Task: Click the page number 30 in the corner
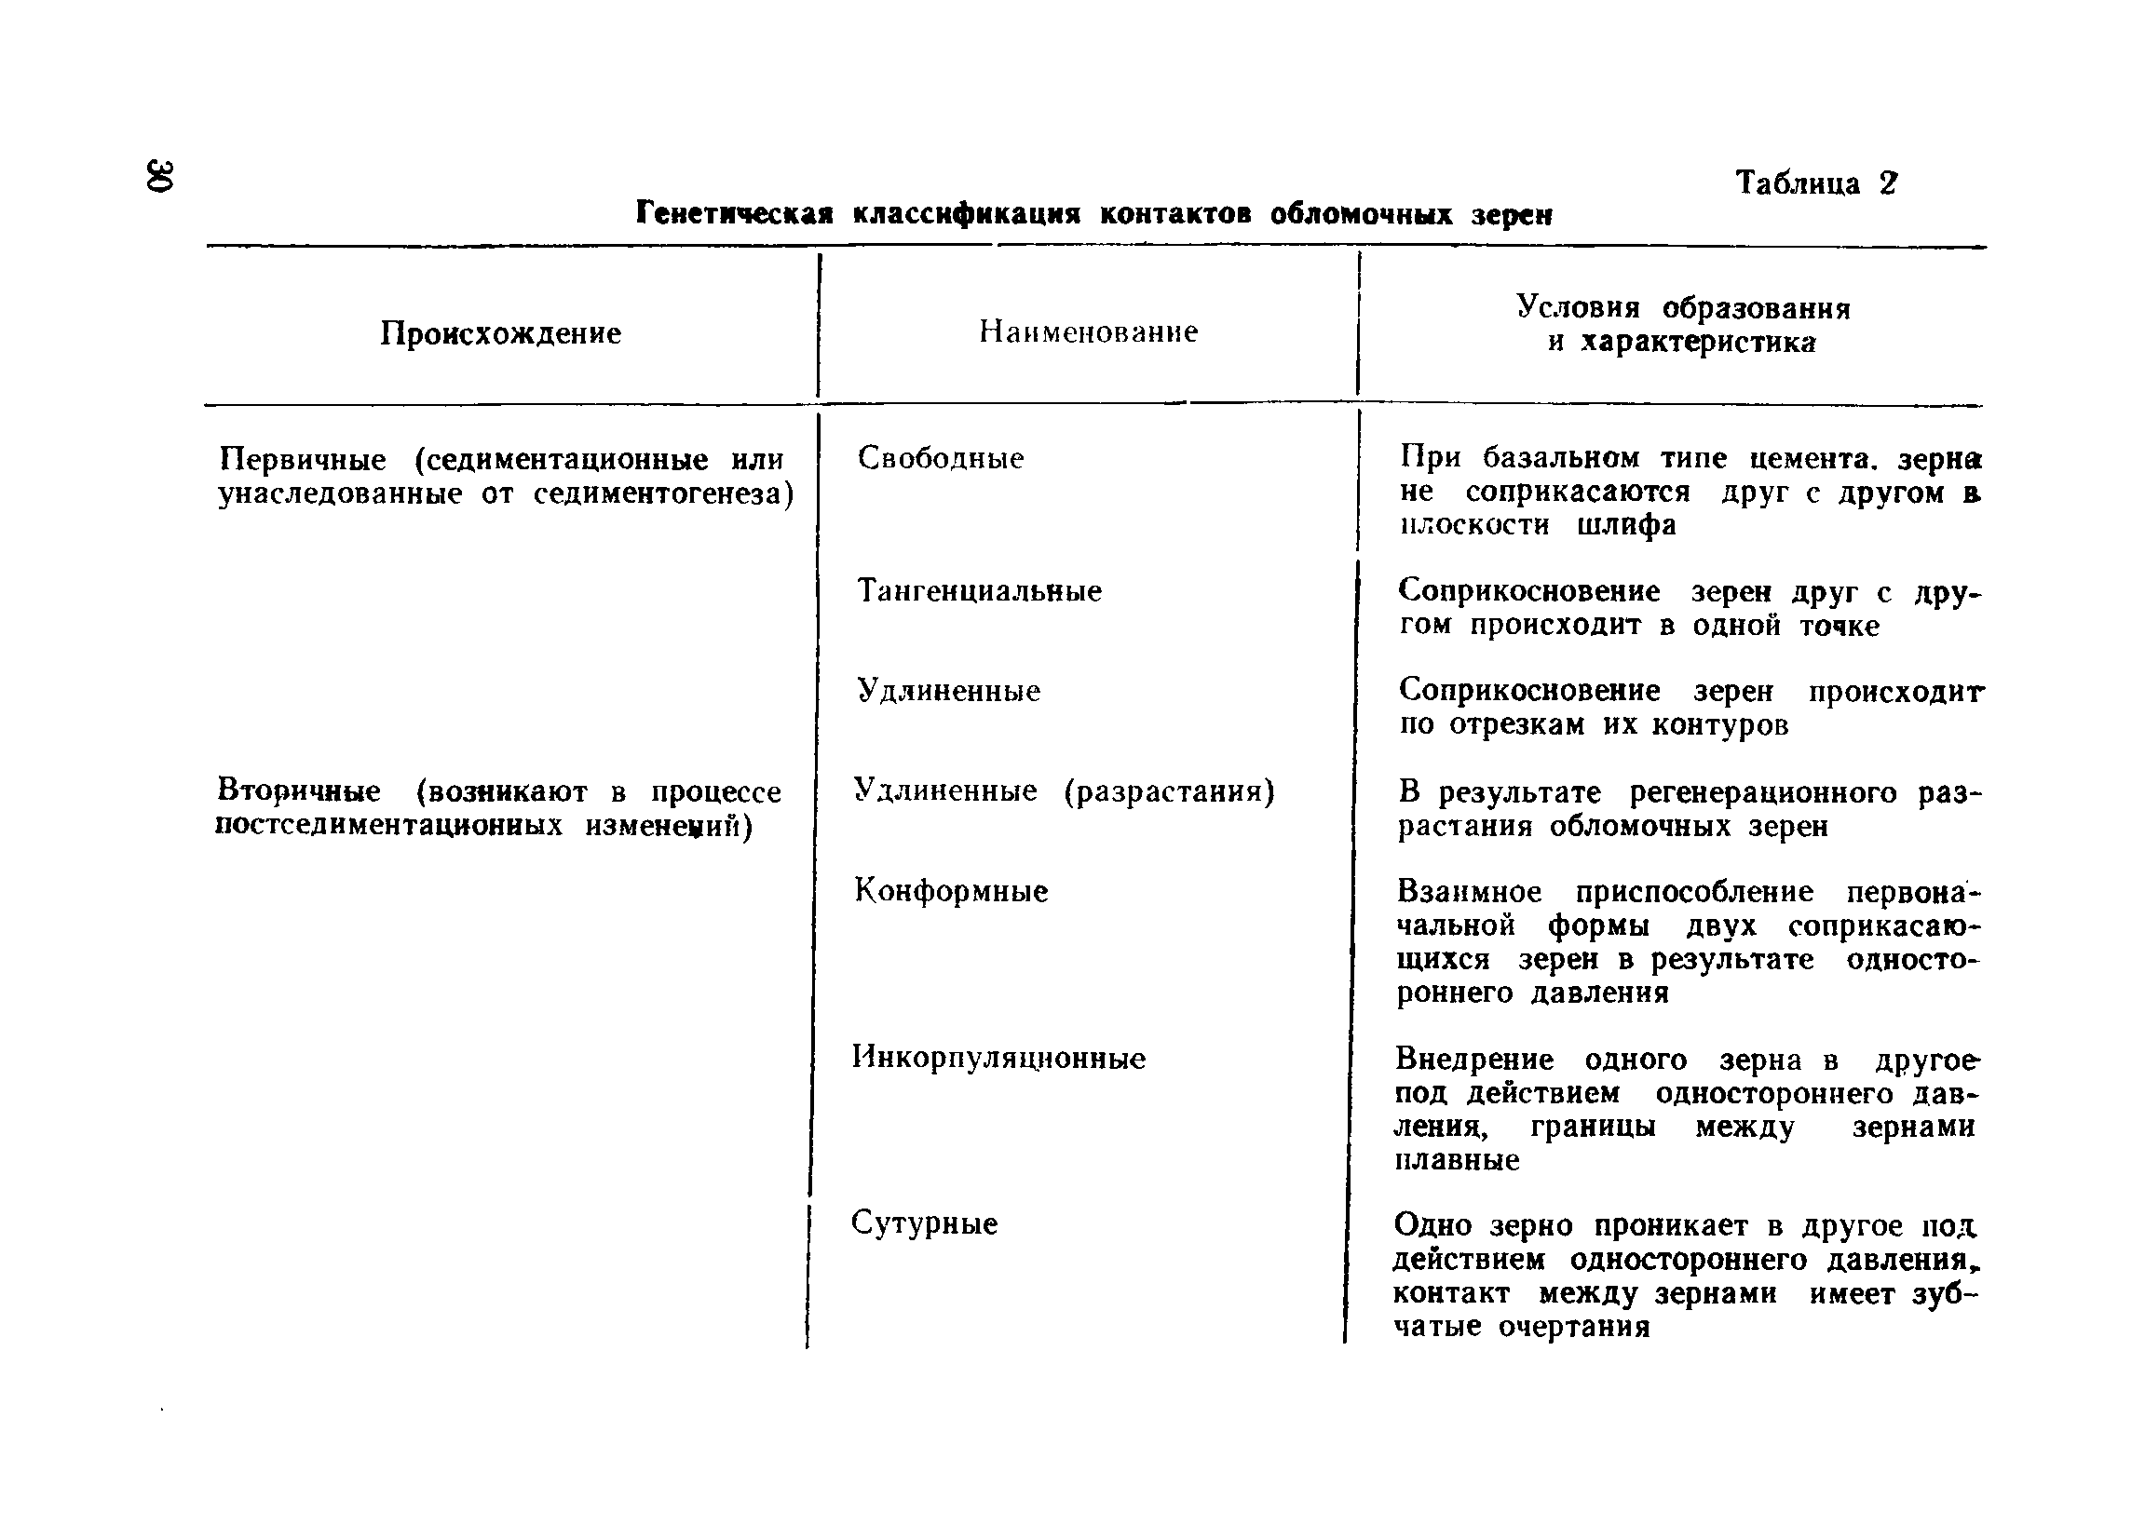(x=160, y=176)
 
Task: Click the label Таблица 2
(x=1816, y=182)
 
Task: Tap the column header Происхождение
(x=500, y=332)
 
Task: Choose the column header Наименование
(x=1088, y=331)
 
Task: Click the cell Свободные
(x=940, y=458)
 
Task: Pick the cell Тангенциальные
(x=979, y=591)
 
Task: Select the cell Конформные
(x=951, y=890)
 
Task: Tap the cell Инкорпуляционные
(x=998, y=1057)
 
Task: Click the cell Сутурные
(x=924, y=1223)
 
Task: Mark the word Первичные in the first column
(x=303, y=459)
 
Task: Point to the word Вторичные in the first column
(x=299, y=790)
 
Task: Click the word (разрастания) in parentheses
(x=1169, y=790)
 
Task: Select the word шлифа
(x=1626, y=526)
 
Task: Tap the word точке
(x=1839, y=626)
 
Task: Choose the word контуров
(x=1720, y=725)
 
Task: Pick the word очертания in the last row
(x=1574, y=1327)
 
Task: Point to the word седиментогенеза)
(x=663, y=493)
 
